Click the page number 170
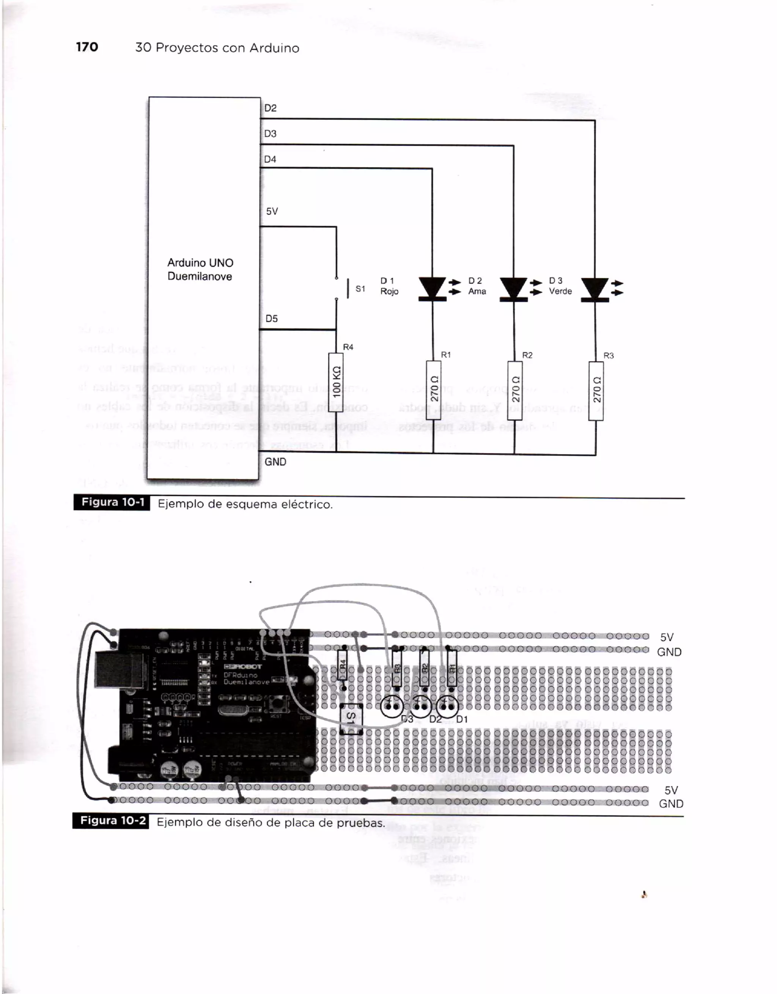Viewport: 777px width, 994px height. click(x=87, y=47)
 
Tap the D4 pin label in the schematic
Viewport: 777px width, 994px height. click(x=271, y=159)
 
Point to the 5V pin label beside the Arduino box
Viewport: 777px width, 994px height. click(x=272, y=211)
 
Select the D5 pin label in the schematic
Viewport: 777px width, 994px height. click(x=272, y=319)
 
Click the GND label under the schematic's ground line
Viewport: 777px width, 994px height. click(x=275, y=462)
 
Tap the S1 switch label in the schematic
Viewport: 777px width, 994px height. click(x=360, y=289)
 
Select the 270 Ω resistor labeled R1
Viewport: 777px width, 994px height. click(x=433, y=389)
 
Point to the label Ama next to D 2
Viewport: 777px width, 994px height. click(x=477, y=291)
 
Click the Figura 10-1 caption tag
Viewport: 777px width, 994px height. click(x=112, y=502)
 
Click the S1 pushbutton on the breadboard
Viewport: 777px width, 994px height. click(x=351, y=719)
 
